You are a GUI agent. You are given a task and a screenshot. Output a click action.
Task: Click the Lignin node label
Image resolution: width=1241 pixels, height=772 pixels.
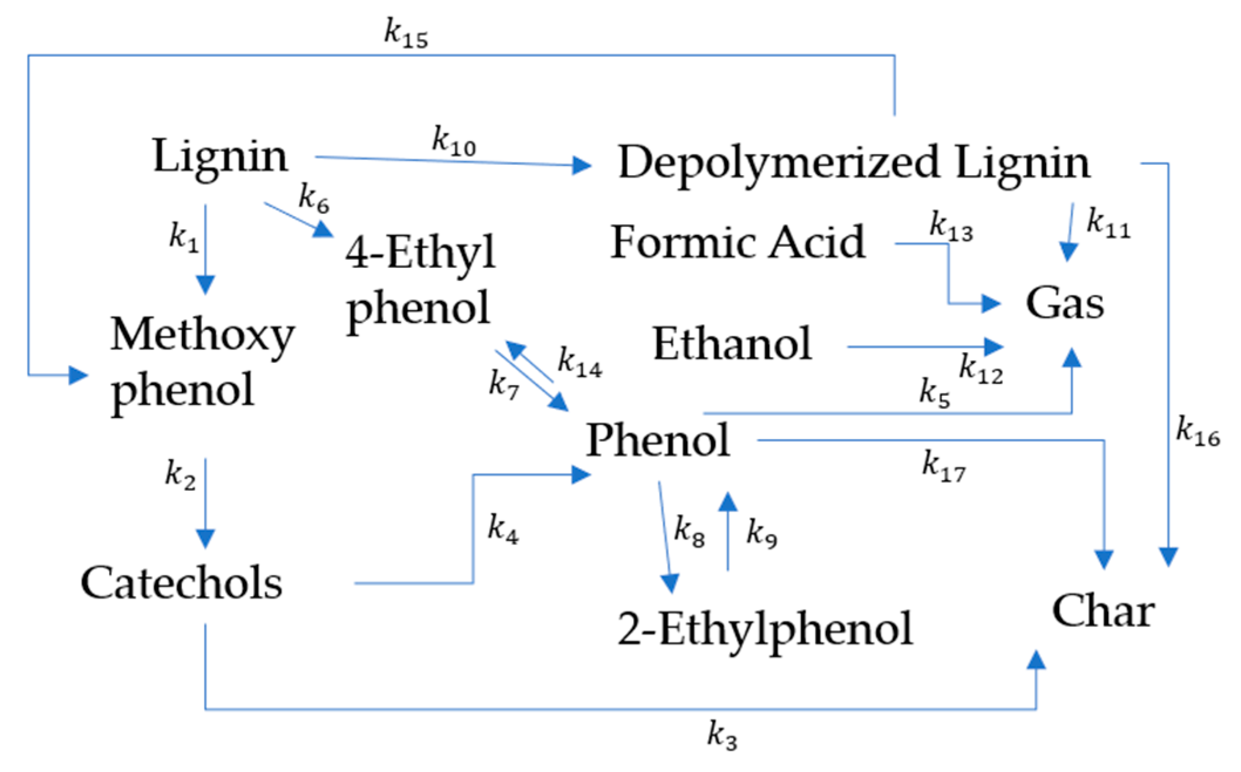(x=220, y=157)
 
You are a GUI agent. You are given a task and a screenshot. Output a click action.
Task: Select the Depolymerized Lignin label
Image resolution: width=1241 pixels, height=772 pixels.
(x=854, y=163)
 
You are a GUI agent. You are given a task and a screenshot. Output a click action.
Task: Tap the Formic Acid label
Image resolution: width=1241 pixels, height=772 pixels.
(x=737, y=242)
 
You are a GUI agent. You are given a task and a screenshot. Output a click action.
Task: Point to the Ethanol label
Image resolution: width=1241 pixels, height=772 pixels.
(x=732, y=344)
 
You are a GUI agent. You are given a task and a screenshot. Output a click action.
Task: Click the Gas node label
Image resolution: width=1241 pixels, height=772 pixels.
(x=1065, y=304)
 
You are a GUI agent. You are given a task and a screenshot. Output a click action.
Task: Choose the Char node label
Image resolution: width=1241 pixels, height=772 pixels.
(x=1103, y=611)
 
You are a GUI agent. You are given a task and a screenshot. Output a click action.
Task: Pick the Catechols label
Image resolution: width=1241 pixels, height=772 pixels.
(x=182, y=583)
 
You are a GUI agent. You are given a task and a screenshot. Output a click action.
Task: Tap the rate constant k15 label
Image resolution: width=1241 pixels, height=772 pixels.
(x=406, y=33)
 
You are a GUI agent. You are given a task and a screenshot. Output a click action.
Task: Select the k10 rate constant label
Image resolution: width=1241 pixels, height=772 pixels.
(x=454, y=142)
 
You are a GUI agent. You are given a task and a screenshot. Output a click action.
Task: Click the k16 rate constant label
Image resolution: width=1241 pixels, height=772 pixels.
(x=1198, y=432)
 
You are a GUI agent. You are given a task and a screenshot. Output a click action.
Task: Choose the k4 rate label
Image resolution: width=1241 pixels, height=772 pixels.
(x=503, y=529)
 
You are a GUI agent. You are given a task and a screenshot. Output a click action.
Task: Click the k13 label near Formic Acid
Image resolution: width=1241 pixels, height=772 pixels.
(x=951, y=226)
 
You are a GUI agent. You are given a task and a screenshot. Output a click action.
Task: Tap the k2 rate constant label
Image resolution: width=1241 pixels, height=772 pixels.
(x=180, y=474)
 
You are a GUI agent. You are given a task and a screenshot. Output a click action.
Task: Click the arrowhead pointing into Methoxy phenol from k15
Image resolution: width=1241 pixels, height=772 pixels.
(x=78, y=375)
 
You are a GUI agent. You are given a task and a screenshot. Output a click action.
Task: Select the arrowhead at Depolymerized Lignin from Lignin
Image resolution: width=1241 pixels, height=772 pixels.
(x=582, y=165)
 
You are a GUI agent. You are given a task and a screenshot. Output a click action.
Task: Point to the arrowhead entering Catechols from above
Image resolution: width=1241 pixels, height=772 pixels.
(x=205, y=538)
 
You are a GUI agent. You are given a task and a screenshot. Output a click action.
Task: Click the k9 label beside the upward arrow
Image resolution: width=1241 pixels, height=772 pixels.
(x=761, y=533)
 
